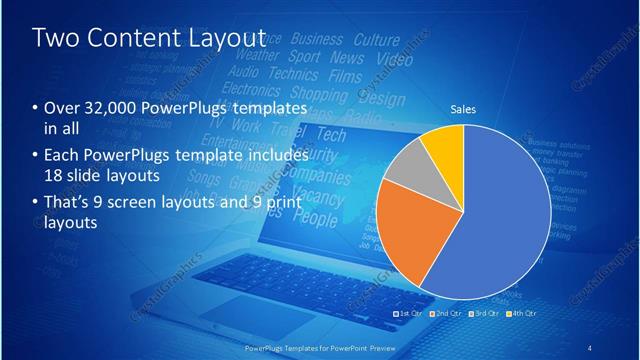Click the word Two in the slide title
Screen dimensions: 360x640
[x=56, y=38]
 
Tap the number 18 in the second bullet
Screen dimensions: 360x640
[x=52, y=174]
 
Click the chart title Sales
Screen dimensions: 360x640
[x=462, y=111]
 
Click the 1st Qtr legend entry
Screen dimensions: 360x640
[x=411, y=316]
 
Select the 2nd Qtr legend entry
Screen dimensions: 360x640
[x=447, y=316]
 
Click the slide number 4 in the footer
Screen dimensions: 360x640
[x=590, y=347]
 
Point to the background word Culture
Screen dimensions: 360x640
[x=376, y=40]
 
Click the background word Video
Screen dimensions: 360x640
[x=395, y=60]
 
